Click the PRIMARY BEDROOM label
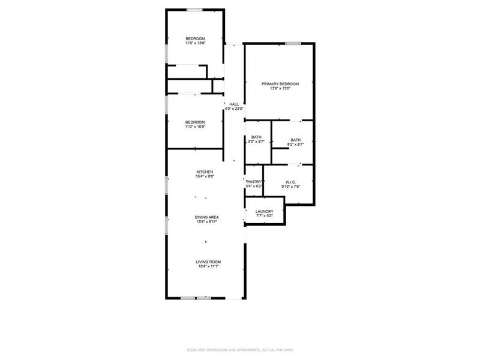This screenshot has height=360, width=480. coord(280,84)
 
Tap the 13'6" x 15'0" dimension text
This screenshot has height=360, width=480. coord(280,89)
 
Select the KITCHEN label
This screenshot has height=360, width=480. coord(205,172)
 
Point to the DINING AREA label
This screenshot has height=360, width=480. coord(206,217)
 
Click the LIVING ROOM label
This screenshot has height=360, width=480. coord(208,262)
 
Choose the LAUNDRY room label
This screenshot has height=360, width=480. coord(264,211)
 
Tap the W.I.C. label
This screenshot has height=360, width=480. coord(290,182)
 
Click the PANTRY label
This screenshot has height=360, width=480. coord(254,182)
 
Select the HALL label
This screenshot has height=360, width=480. coord(233,104)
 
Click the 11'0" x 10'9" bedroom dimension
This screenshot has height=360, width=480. coord(195,127)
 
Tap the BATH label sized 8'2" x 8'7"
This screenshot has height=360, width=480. coord(295,140)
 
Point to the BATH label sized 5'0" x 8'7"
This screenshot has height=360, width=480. coord(256,137)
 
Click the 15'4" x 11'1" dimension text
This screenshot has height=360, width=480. coord(208,266)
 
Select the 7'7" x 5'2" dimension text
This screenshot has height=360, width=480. coord(264,216)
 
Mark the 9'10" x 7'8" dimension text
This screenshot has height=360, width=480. coord(290,187)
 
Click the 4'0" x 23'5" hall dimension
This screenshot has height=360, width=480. coord(233,109)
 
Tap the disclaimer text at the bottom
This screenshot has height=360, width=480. coord(239,350)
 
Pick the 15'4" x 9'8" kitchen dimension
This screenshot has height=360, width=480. coord(205,176)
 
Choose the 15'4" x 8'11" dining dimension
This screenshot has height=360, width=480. coord(206,221)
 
